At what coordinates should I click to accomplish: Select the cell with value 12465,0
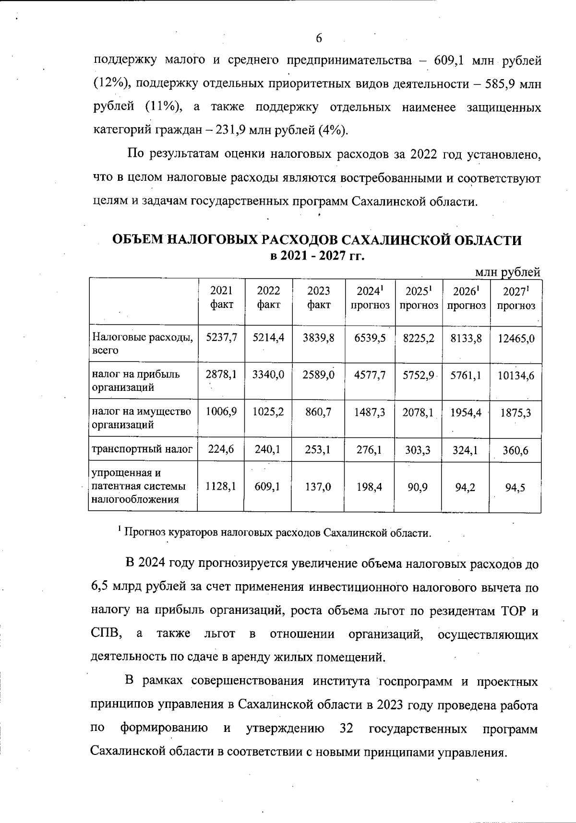tap(516, 338)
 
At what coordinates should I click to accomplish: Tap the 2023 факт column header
tap(318, 297)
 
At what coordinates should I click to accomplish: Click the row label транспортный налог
tap(142, 449)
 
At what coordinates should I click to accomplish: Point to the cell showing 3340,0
tap(268, 375)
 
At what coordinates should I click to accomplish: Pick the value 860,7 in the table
tap(318, 411)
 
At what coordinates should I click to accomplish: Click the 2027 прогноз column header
tap(516, 297)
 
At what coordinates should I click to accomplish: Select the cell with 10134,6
tap(516, 376)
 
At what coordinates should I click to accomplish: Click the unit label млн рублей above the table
tap(507, 272)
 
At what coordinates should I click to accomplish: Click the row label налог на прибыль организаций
tap(136, 381)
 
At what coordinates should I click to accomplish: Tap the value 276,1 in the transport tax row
tap(369, 450)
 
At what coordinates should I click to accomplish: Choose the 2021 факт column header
tap(221, 297)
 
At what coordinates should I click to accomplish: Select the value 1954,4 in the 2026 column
tap(466, 412)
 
